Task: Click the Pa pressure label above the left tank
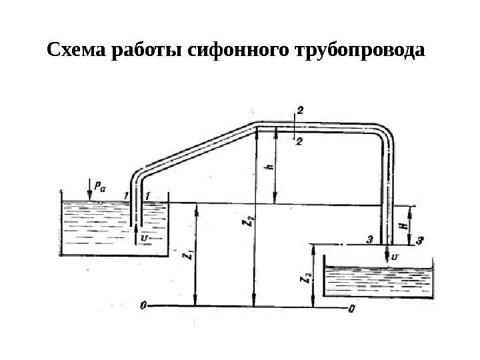click(99, 189)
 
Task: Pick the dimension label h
click(269, 169)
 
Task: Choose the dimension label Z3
click(305, 279)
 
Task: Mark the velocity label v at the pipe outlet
click(395, 255)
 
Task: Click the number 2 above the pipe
click(299, 113)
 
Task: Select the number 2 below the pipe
click(299, 140)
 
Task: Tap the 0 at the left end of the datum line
click(143, 306)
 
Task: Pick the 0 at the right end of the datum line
click(351, 309)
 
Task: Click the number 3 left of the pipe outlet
click(369, 238)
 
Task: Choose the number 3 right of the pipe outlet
click(419, 239)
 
